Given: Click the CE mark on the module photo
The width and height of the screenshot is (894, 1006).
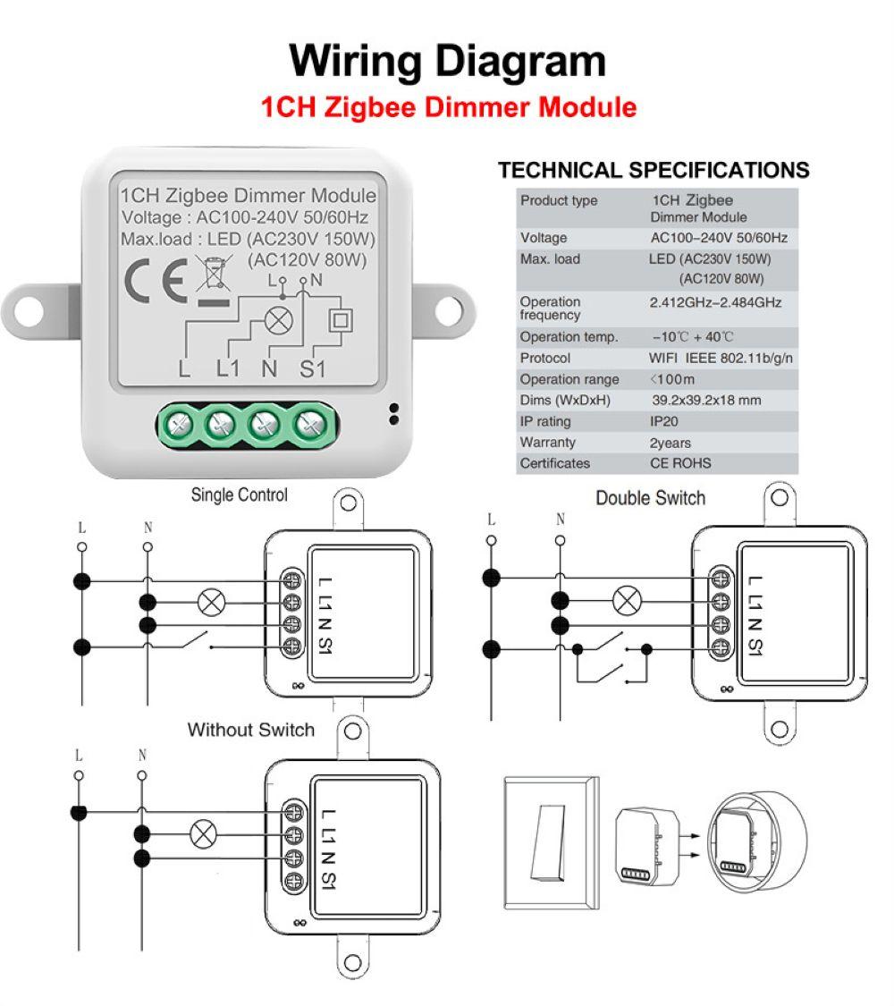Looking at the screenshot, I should pos(155,281).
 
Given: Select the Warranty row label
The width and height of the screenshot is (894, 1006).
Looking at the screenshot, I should pos(547,443).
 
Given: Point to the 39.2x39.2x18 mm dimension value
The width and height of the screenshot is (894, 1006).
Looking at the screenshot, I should pos(706,401).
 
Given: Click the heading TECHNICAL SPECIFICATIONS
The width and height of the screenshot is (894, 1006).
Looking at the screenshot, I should pos(653,170).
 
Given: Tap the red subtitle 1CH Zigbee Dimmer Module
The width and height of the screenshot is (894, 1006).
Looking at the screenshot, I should pos(448,107).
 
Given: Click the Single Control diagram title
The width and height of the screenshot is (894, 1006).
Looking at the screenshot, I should pos(239,495).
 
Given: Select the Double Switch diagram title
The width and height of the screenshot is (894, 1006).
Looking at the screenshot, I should pos(650,498).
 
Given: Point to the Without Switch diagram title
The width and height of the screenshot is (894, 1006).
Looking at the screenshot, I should pos(250,730).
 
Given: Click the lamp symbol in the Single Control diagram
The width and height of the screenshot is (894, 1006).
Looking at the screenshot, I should pos(211,602).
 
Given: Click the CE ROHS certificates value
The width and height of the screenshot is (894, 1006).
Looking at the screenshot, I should pos(680,463).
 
